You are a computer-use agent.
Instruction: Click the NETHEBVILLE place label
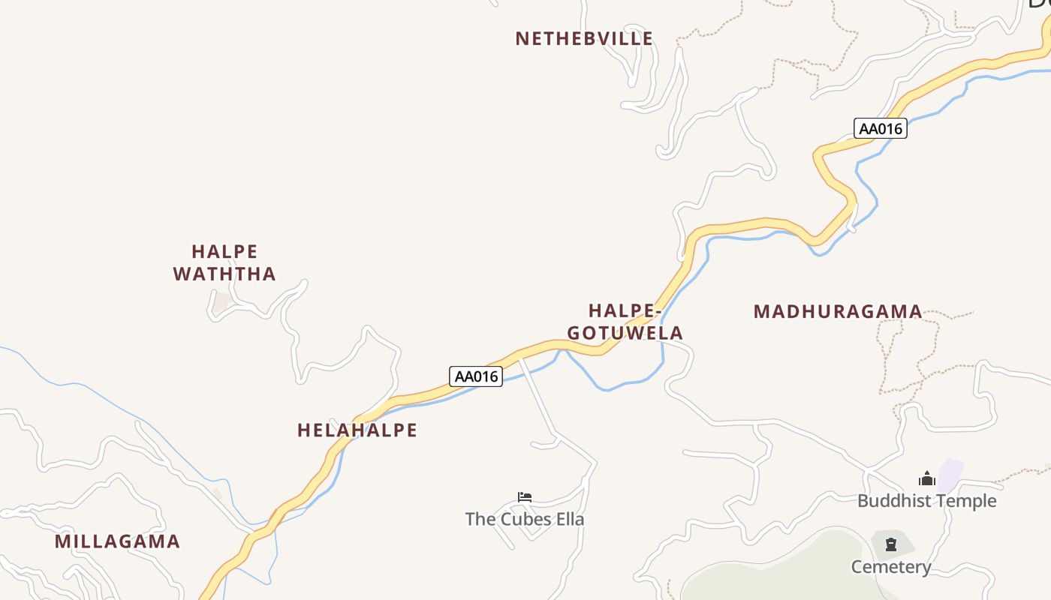click(583, 39)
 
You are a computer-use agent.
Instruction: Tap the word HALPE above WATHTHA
click(224, 251)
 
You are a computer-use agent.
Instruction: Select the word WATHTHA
click(224, 274)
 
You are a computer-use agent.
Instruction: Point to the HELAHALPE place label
click(357, 430)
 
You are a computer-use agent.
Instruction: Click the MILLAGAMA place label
click(117, 541)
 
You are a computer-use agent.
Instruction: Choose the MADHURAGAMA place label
click(838, 312)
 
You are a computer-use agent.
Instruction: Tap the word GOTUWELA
click(625, 333)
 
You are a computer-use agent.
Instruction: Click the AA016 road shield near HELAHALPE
click(476, 376)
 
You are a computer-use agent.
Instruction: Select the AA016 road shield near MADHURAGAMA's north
click(880, 128)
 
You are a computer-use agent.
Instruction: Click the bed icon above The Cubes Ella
click(525, 497)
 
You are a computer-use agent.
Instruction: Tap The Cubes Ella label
click(524, 519)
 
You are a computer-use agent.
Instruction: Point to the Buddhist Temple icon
click(927, 479)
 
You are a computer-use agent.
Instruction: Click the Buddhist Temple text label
click(926, 501)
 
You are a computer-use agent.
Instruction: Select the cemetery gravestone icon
click(891, 544)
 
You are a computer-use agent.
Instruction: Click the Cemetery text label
click(890, 567)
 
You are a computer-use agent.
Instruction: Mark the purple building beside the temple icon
click(950, 475)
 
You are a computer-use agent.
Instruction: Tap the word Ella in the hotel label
click(568, 519)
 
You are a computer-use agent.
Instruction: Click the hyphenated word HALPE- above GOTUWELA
click(624, 310)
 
